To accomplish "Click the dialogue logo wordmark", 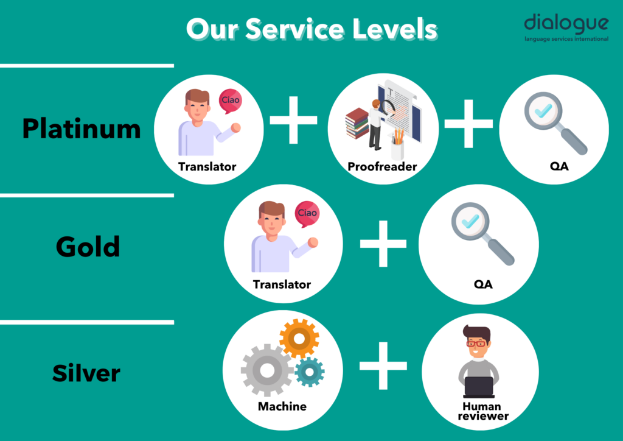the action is (566, 23).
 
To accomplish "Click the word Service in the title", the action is (294, 29).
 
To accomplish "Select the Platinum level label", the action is (82, 129).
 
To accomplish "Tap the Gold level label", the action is (88, 247).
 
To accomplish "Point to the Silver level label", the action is (86, 373).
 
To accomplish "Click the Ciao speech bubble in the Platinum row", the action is (230, 101).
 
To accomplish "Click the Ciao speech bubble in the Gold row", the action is (307, 214).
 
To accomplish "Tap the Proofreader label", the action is (382, 166).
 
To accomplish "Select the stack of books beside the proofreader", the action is (357, 123).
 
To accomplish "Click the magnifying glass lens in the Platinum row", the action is (543, 110).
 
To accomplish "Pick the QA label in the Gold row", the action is (483, 284).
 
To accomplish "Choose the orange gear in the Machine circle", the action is (299, 339).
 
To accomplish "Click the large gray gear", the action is (267, 370).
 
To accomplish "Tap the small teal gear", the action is (310, 372).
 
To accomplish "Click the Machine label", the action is (282, 406).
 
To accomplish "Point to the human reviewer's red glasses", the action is (476, 343).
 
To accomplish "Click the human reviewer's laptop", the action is (479, 387).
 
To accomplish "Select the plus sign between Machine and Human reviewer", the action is (383, 365).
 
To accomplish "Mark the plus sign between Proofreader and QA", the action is (469, 124).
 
